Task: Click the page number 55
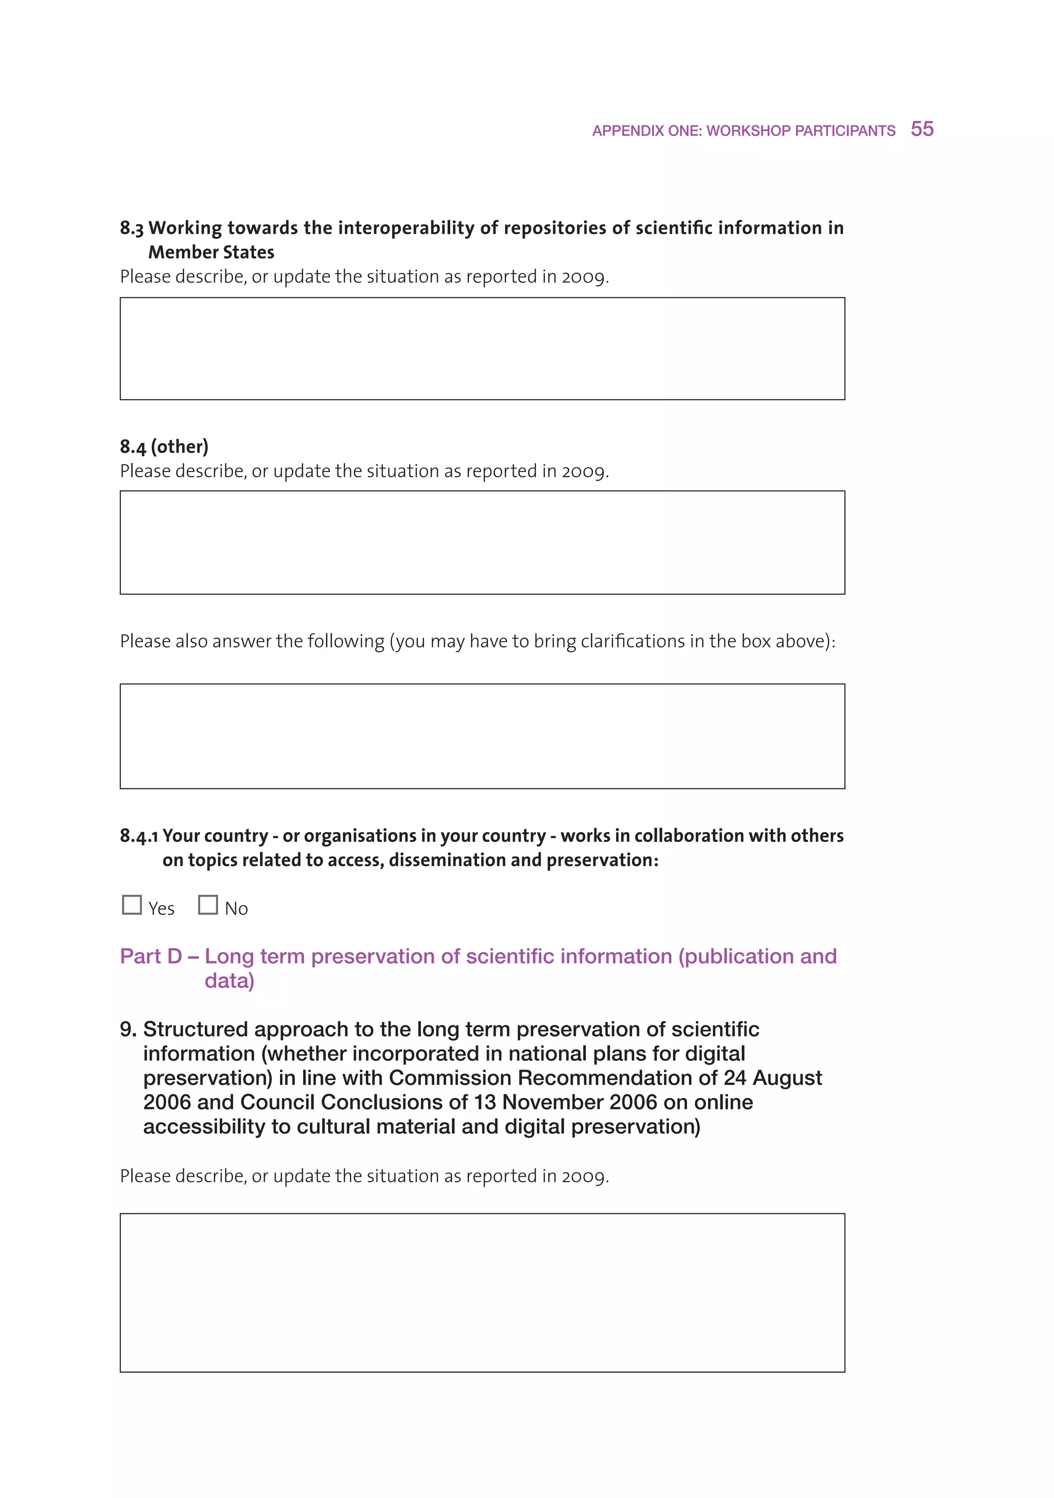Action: [922, 129]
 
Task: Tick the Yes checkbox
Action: [132, 905]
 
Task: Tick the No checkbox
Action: [208, 905]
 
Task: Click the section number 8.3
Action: [131, 228]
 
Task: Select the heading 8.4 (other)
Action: [164, 447]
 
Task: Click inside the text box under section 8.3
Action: [482, 349]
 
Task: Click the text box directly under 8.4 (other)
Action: [482, 542]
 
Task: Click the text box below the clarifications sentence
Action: [482, 736]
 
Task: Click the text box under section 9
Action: [482, 1292]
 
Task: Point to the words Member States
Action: [212, 252]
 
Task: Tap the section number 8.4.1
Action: [138, 836]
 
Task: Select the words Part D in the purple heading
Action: [151, 956]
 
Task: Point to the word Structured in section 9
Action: [196, 1029]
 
